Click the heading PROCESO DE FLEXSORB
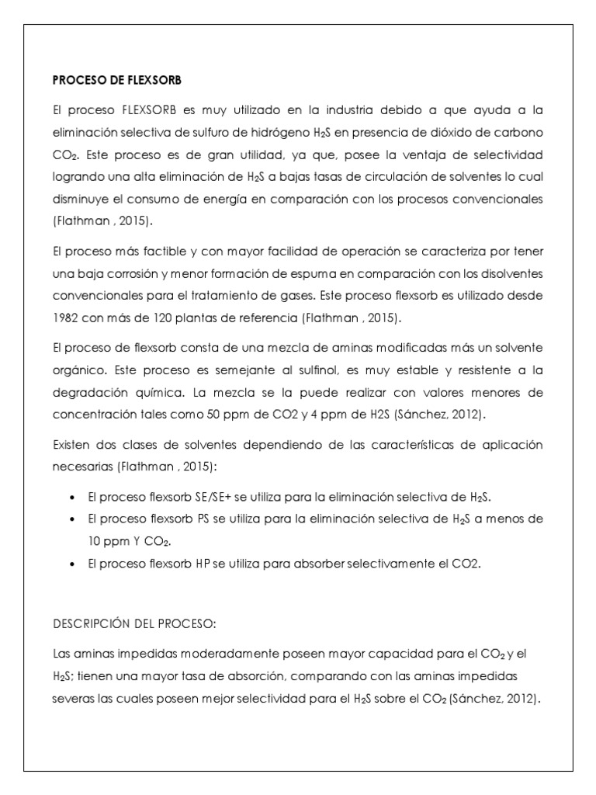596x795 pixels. click(116, 80)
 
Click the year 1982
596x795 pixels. click(65, 318)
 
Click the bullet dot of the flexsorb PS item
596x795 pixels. click(72, 519)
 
